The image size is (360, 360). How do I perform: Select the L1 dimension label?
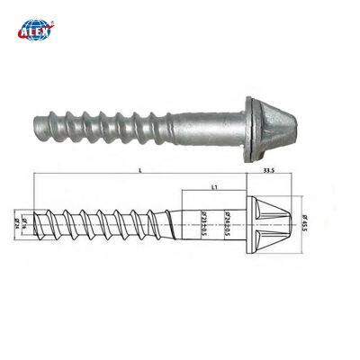point(211,185)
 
